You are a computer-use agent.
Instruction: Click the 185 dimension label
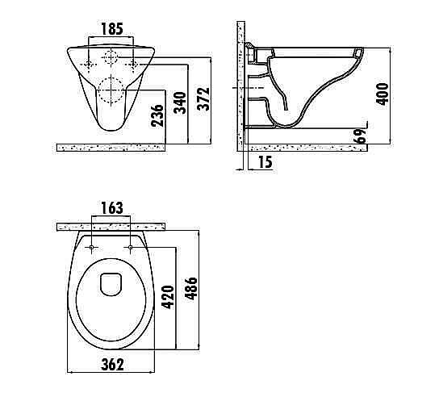pyautogui.click(x=111, y=29)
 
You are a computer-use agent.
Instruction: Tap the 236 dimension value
pyautogui.click(x=157, y=115)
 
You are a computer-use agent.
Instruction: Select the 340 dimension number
pyautogui.click(x=180, y=102)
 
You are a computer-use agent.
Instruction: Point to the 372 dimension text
pyautogui.click(x=203, y=98)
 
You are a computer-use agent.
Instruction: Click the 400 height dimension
pyautogui.click(x=383, y=94)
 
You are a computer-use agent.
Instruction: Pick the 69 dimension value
pyautogui.click(x=360, y=136)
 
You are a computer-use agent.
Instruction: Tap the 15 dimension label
pyautogui.click(x=265, y=162)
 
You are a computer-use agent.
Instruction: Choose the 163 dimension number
pyautogui.click(x=111, y=207)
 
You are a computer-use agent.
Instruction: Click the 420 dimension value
pyautogui.click(x=168, y=297)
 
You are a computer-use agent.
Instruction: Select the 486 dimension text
pyautogui.click(x=192, y=288)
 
